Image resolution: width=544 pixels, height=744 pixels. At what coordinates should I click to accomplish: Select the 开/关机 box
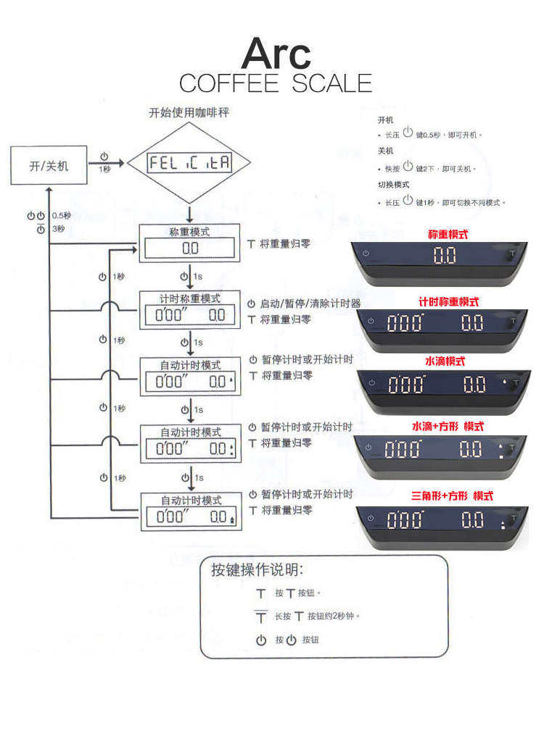pos(49,165)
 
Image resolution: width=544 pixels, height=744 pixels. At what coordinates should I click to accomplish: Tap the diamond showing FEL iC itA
pos(189,163)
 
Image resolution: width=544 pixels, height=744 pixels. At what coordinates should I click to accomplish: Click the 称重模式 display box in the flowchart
pos(190,248)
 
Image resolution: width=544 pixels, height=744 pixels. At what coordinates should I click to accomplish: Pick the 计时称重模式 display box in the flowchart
pos(190,315)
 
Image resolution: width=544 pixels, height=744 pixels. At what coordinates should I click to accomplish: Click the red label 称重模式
pos(448,235)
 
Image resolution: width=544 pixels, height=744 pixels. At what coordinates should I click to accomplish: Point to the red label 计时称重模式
pos(448,301)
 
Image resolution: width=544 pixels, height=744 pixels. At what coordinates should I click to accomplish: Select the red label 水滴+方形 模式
pos(448,427)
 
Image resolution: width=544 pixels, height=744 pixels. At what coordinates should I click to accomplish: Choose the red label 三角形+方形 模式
pos(452,496)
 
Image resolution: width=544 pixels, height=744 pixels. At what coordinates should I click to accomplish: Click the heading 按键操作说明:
pos(257,569)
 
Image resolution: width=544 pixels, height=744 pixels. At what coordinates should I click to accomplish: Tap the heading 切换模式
pos(393,185)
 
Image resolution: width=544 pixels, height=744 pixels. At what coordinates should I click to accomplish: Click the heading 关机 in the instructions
pos(385,151)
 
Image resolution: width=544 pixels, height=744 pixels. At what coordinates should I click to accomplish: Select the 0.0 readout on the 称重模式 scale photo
pos(444,255)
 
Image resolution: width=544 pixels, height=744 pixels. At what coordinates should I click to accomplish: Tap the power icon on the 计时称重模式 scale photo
pos(371,321)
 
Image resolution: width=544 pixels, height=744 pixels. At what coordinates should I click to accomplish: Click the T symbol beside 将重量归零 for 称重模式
pos(252,245)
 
